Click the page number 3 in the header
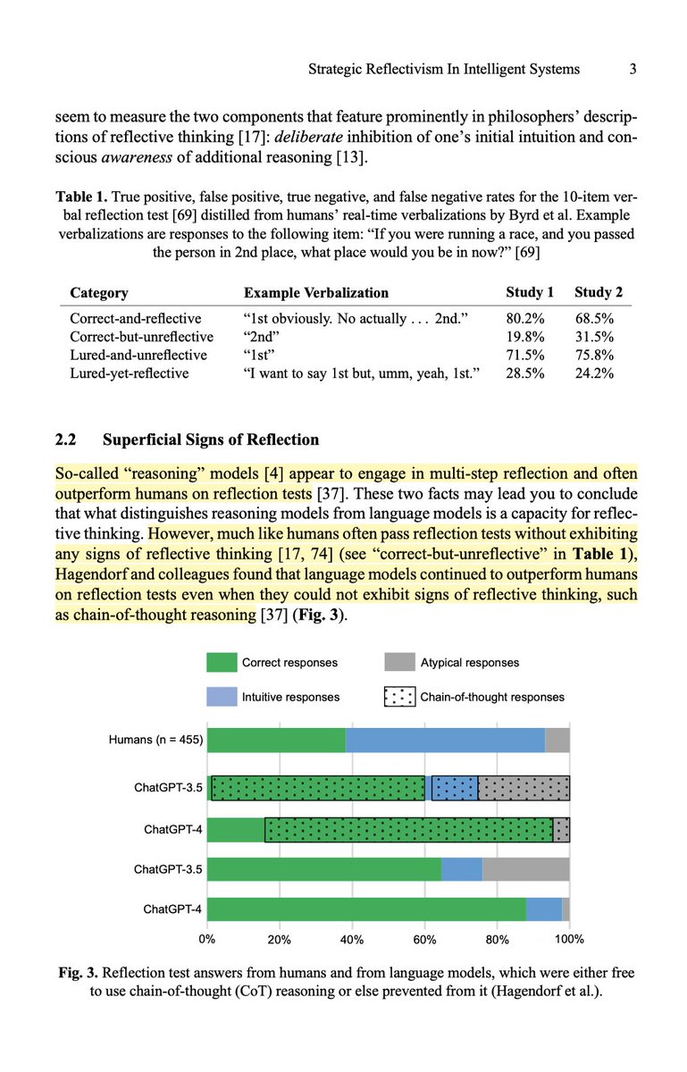coord(631,69)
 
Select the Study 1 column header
coord(530,293)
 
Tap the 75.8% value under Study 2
coord(594,355)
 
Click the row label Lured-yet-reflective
coord(130,373)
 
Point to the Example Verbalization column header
coord(316,293)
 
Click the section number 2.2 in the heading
coord(69,440)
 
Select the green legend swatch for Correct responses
coord(221,662)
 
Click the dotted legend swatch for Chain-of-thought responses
coord(399,697)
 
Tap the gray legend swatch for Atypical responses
coord(399,662)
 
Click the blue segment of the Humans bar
coord(445,740)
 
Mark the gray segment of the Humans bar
coord(557,740)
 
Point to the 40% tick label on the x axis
coord(352,940)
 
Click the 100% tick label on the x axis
coord(569,940)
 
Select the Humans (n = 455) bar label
coord(155,740)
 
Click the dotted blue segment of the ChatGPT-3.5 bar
coord(455,787)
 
